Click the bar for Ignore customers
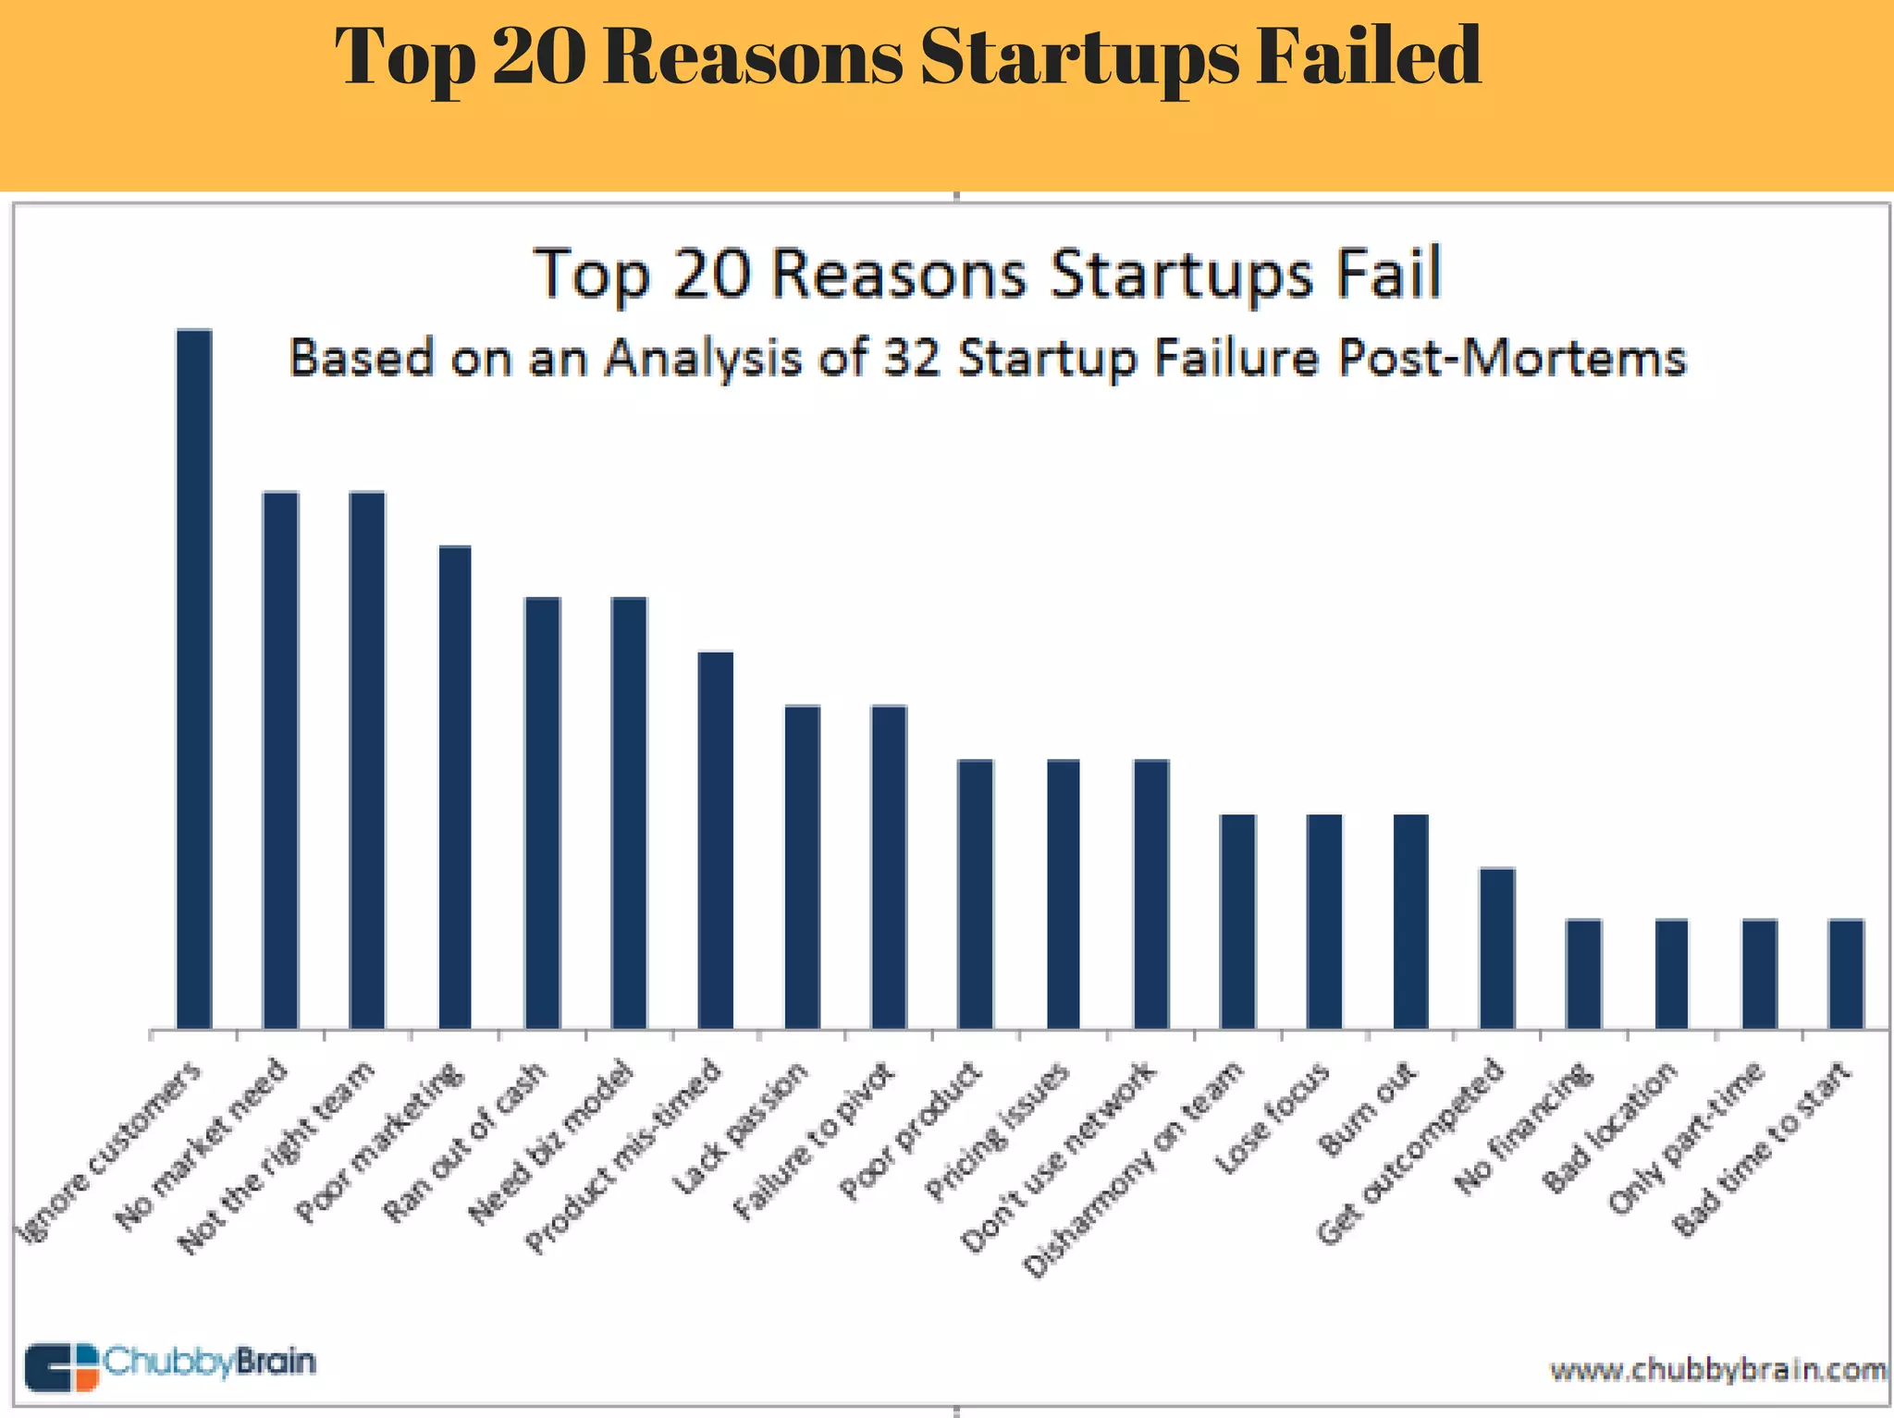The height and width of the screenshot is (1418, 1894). click(194, 679)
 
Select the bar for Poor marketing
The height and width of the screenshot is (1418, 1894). click(454, 788)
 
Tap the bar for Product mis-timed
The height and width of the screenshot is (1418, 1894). click(715, 840)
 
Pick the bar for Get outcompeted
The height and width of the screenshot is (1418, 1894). click(1496, 948)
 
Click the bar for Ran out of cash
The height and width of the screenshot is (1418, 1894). click(542, 813)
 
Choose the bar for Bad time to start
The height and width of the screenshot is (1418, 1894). click(1845, 974)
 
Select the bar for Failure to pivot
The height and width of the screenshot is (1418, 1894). click(889, 867)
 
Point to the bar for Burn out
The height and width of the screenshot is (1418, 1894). click(1410, 922)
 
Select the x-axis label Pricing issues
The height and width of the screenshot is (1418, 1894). click(997, 1132)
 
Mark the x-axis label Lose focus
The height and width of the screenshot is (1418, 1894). click(1273, 1119)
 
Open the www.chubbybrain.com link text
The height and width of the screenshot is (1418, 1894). click(1718, 1368)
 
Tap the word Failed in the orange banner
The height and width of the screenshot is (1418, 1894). click(1368, 57)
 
